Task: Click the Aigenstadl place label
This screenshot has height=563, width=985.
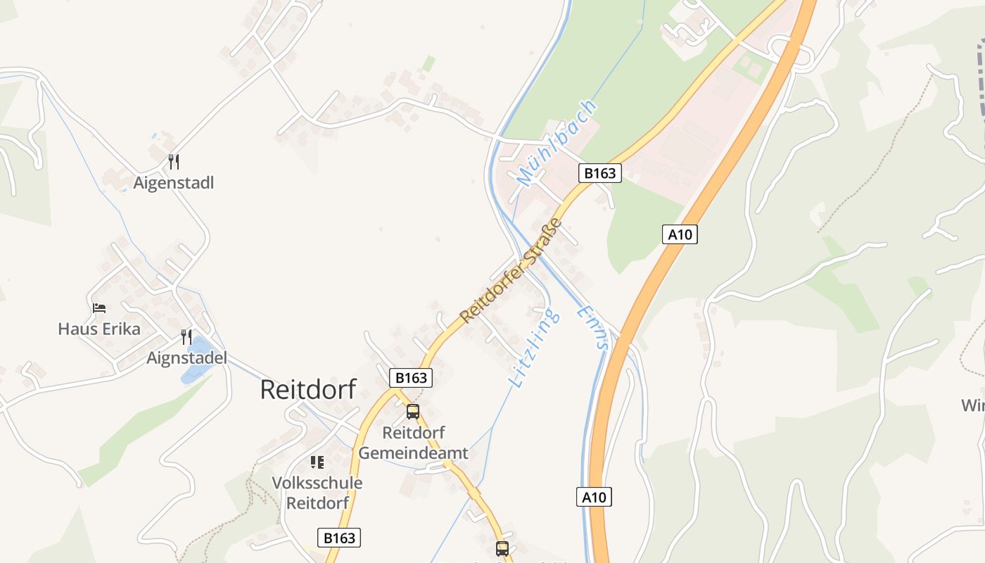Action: pos(174,183)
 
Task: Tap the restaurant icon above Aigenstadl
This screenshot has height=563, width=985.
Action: pos(174,162)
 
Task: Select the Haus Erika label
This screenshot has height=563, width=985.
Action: pos(99,329)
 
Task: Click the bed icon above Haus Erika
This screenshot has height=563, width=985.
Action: pos(99,308)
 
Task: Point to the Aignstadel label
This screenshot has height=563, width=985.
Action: pos(186,358)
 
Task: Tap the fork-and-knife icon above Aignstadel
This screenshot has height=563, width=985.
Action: pos(186,337)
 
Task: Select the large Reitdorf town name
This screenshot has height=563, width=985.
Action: pos(308,389)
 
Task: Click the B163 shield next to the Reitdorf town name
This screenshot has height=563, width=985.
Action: pos(411,378)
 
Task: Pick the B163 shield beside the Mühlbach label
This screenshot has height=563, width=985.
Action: pos(600,173)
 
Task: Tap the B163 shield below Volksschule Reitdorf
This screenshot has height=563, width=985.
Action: pos(339,538)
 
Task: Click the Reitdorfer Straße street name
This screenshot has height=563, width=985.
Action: pos(511,271)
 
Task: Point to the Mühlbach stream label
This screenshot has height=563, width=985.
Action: pos(557,144)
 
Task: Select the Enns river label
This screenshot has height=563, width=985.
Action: pos(592,327)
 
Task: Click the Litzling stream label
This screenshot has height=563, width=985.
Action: pos(535,348)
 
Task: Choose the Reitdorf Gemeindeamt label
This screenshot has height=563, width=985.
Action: pos(413,443)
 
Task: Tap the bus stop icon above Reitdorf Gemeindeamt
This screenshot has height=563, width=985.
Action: pos(413,412)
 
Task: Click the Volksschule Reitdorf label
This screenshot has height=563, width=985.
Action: pos(317,493)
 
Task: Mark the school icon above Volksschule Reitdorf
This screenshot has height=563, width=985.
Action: pos(317,462)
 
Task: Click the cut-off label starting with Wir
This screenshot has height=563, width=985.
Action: pos(973,405)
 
